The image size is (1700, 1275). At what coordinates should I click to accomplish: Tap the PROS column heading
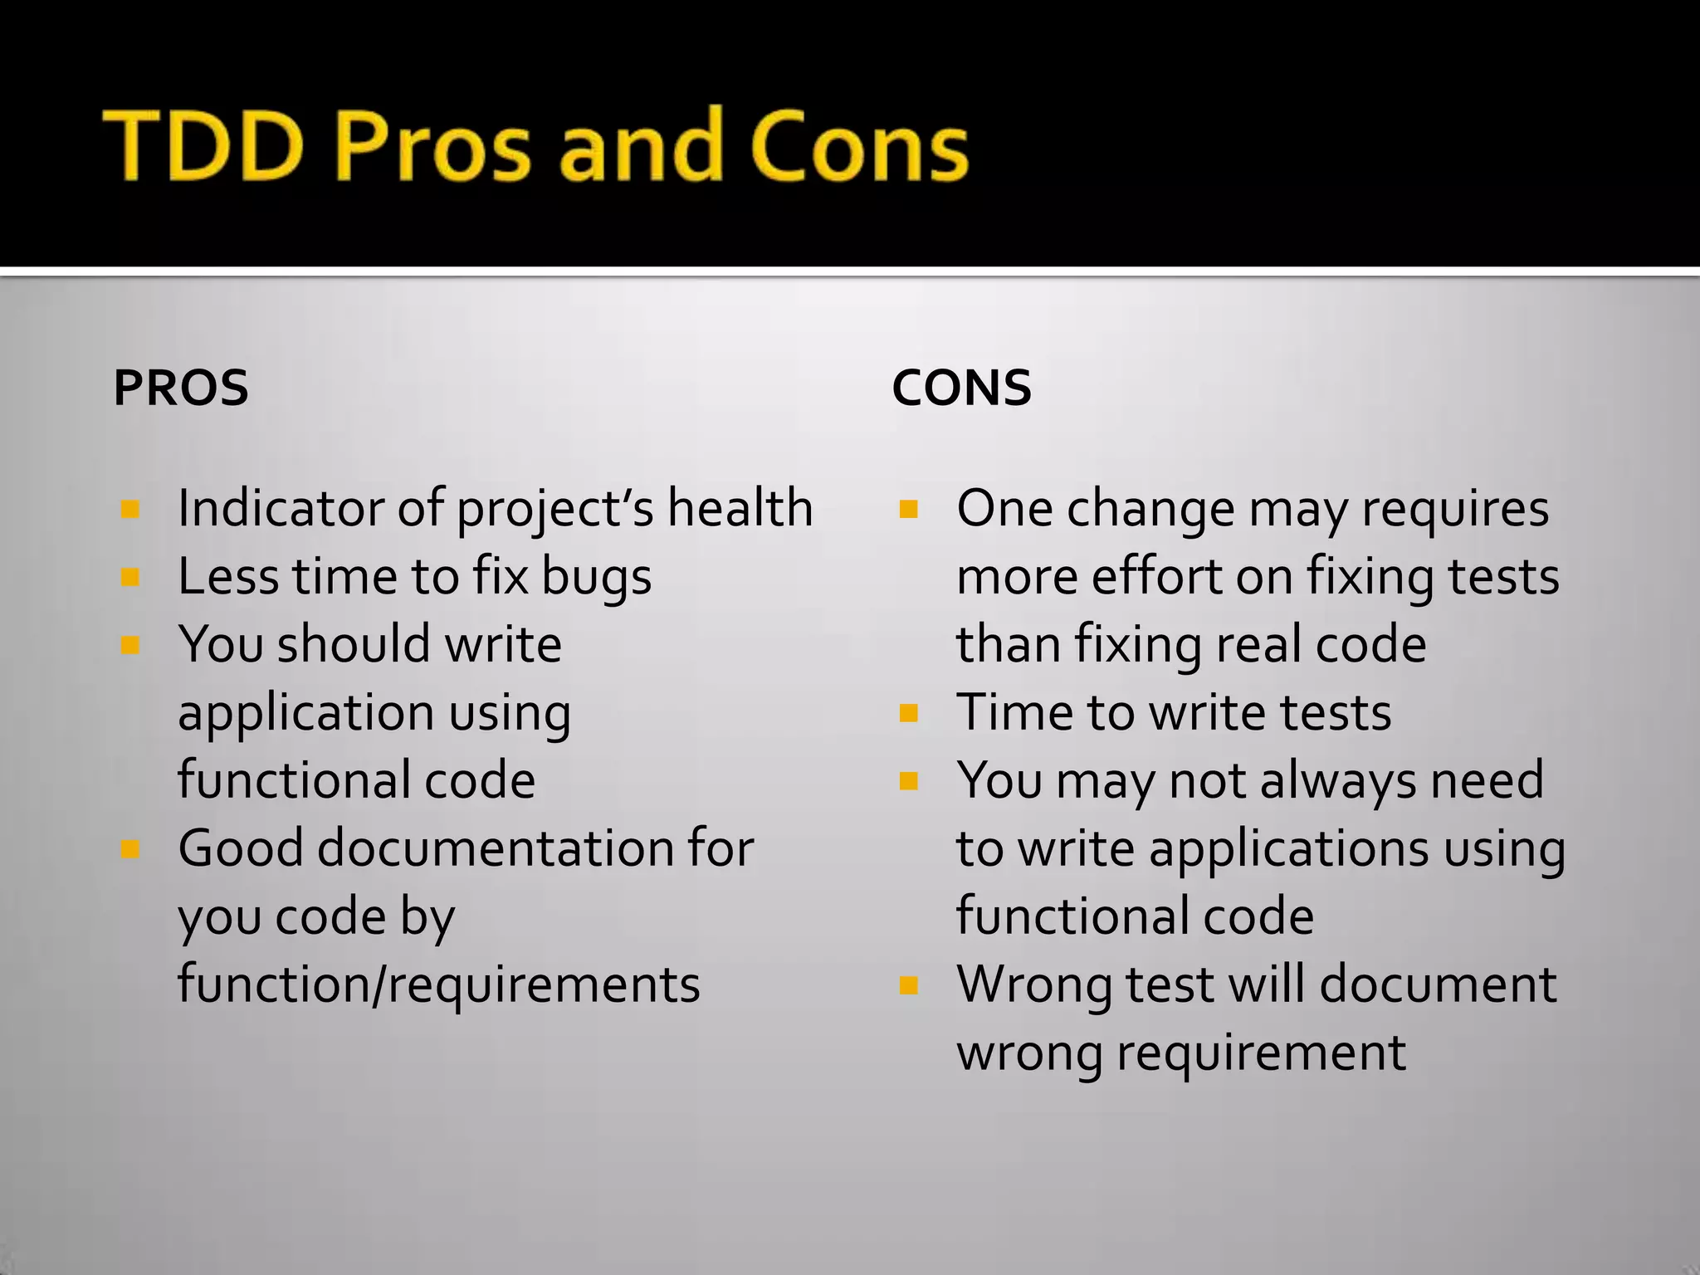(181, 388)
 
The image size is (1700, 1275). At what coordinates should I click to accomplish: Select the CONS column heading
(961, 388)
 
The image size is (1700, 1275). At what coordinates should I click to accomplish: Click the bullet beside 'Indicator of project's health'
(129, 508)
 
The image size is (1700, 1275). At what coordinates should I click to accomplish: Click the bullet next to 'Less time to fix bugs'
(129, 576)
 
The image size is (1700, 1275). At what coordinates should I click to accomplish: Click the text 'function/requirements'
(438, 984)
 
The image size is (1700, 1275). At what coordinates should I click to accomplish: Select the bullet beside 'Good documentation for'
(129, 848)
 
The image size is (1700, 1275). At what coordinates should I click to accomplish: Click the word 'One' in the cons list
(1004, 508)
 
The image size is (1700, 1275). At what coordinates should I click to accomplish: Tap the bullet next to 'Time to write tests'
(909, 712)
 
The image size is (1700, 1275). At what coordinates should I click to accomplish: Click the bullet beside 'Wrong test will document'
(909, 984)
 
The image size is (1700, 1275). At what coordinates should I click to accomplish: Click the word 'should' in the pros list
(354, 644)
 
